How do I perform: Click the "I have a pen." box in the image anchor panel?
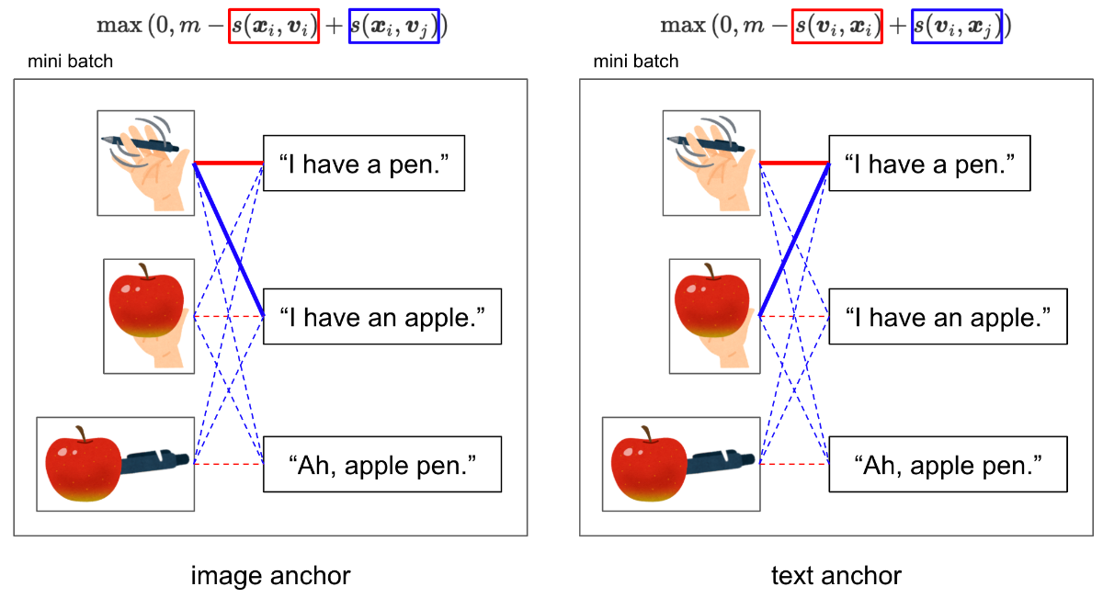coord(364,164)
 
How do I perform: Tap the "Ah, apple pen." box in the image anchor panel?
coord(382,465)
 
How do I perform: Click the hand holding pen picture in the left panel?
coord(146,164)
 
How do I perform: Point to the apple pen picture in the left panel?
coord(115,464)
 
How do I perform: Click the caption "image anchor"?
coord(270,576)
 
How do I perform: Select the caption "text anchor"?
coord(836,576)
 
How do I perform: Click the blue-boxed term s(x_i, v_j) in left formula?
coord(394,27)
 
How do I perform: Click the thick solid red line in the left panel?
coord(230,164)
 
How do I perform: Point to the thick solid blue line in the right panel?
coord(795,239)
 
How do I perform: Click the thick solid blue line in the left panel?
coord(230,239)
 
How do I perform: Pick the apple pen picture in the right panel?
coord(681,464)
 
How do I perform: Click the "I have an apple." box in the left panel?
coord(382,317)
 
